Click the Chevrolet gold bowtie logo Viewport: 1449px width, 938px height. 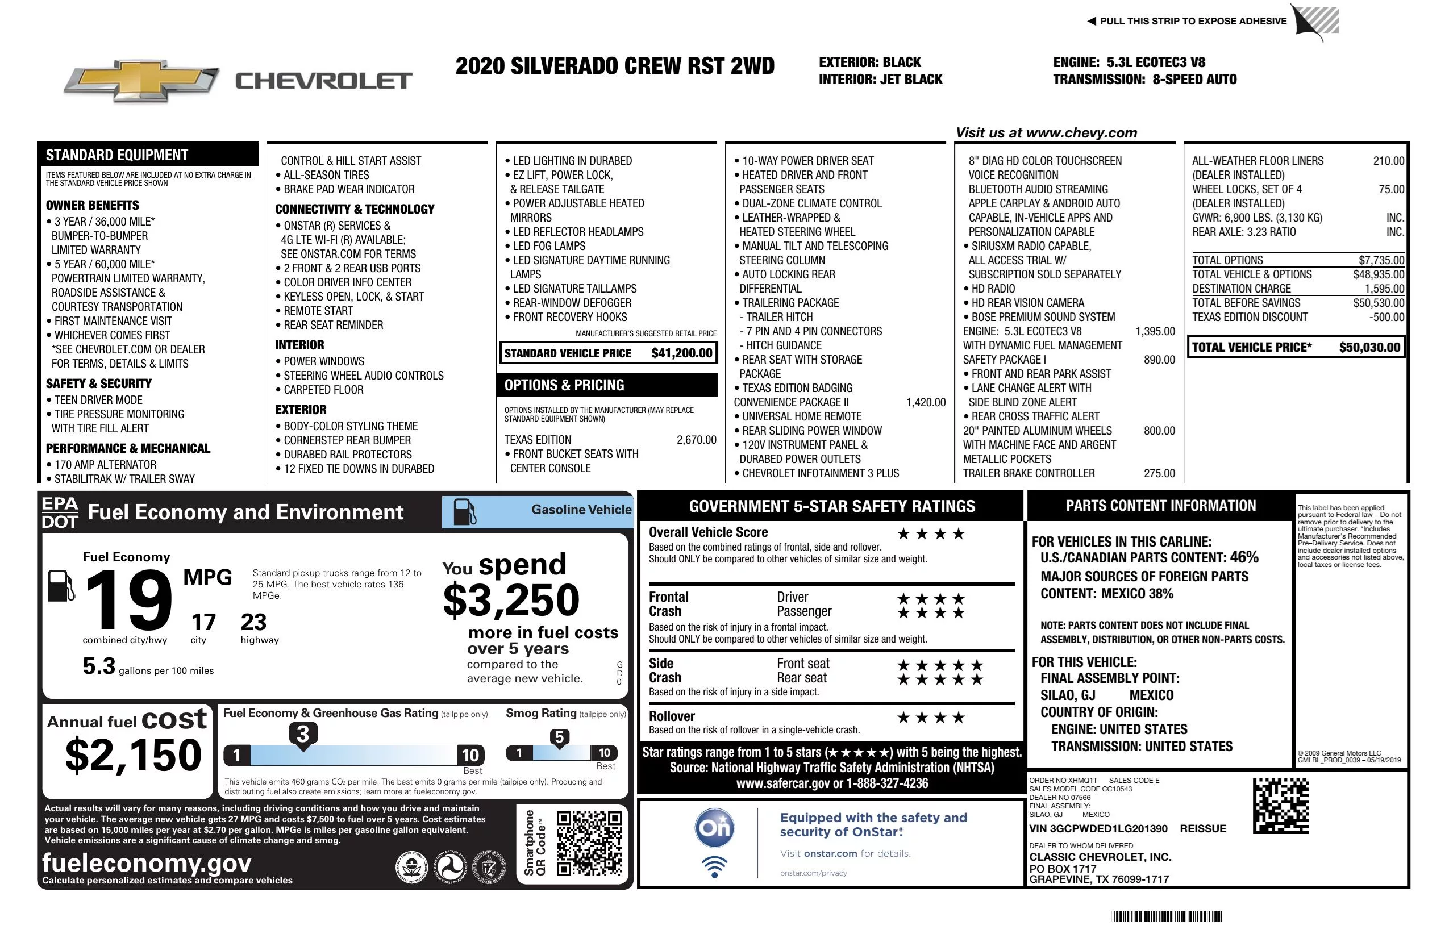pos(141,80)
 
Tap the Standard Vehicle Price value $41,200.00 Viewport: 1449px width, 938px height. pos(681,353)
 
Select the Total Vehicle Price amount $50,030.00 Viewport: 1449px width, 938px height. pos(1369,348)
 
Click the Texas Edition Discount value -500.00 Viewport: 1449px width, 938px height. pos(1386,317)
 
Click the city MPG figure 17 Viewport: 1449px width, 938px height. pos(203,622)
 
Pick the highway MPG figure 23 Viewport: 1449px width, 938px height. pos(253,622)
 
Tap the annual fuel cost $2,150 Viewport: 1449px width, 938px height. pos(134,755)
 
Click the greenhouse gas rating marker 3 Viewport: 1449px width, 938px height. pos(302,734)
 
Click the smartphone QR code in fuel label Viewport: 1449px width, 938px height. pos(589,843)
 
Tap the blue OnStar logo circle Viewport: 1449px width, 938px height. pos(714,828)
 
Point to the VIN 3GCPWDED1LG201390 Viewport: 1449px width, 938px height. pos(1098,828)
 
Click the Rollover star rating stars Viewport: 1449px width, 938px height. pos(931,718)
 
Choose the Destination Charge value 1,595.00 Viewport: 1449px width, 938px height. pos(1384,289)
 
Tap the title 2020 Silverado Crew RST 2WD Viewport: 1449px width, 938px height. pos(615,66)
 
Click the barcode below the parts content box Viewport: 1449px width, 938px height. pos(1166,916)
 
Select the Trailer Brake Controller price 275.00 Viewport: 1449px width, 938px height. pos(1159,473)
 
